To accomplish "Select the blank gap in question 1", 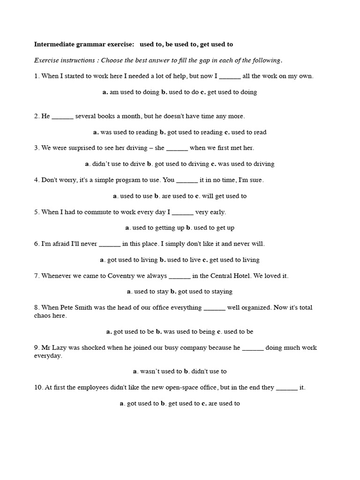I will point(230,76).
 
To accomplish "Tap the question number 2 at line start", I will point(36,116).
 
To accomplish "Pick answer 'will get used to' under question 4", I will point(224,196).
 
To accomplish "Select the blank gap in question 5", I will point(183,212).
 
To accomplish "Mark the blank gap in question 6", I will point(110,244).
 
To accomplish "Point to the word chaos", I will point(44,316).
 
